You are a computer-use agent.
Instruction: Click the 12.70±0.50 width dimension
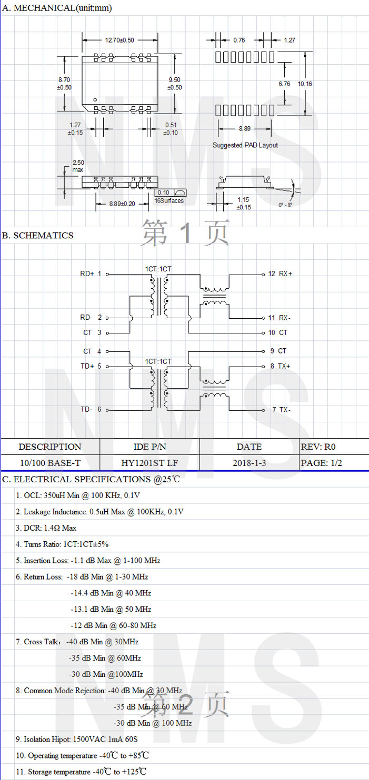119,40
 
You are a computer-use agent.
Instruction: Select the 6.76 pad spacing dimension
284,84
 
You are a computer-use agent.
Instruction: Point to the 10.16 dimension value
304,84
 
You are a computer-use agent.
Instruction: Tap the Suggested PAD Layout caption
245,145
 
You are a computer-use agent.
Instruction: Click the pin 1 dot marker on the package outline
95,99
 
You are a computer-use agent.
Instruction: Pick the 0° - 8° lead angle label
285,205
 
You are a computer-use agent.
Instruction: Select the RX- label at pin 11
285,318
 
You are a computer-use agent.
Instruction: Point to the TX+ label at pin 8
285,366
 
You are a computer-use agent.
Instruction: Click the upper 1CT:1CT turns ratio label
158,269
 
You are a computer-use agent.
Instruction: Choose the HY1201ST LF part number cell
149,463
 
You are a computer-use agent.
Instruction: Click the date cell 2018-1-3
249,463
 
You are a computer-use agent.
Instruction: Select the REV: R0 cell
318,447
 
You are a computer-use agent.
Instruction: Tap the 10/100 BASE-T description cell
50,463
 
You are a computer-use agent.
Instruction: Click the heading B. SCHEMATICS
38,235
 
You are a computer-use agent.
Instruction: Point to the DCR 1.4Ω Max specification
46,528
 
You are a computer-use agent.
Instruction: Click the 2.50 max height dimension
78,166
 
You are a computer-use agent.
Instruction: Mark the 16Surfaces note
169,200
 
